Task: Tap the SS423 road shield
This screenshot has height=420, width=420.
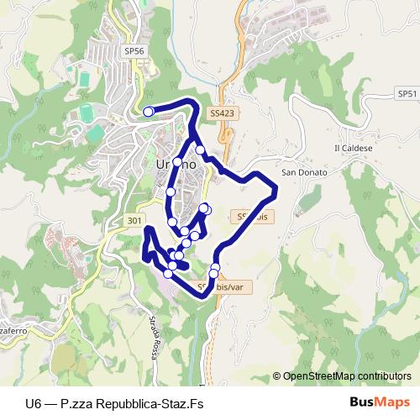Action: (223, 112)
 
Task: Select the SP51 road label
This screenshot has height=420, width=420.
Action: (408, 93)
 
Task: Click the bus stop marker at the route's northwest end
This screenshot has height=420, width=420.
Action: (149, 112)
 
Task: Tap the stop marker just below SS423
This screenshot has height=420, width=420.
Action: (200, 150)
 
